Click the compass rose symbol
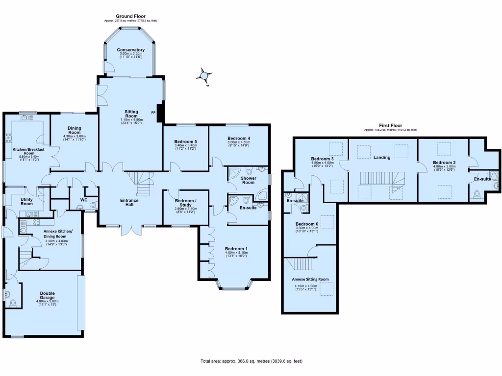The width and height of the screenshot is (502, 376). (x=203, y=76)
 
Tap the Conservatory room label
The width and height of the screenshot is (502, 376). (x=131, y=50)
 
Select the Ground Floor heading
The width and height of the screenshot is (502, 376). (x=130, y=16)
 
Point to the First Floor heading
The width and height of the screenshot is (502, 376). (x=390, y=125)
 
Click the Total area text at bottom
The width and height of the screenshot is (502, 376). (x=251, y=361)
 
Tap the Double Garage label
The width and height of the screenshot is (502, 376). (x=47, y=296)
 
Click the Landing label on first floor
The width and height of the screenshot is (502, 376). (x=381, y=158)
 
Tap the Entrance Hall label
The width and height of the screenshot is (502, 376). (x=129, y=202)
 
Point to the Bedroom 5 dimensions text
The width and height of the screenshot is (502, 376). (x=186, y=147)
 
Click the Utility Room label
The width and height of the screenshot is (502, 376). (x=26, y=202)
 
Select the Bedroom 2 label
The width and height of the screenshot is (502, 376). (x=444, y=163)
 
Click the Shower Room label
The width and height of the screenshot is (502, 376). (x=249, y=180)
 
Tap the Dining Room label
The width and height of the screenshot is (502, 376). (x=75, y=130)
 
